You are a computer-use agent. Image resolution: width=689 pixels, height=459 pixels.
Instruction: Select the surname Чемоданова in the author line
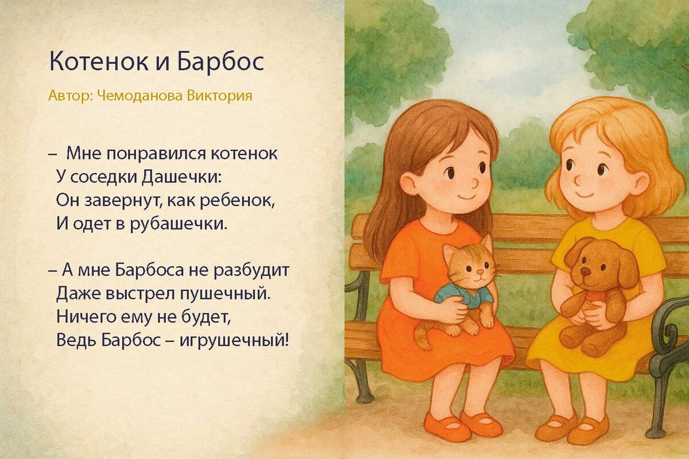tap(141, 95)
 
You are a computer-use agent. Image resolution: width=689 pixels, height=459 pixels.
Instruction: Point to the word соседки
tap(105, 177)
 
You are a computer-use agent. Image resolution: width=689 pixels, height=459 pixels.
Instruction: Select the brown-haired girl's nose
tap(474, 183)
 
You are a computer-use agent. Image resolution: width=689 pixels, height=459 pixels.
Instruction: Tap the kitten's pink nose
tap(475, 275)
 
